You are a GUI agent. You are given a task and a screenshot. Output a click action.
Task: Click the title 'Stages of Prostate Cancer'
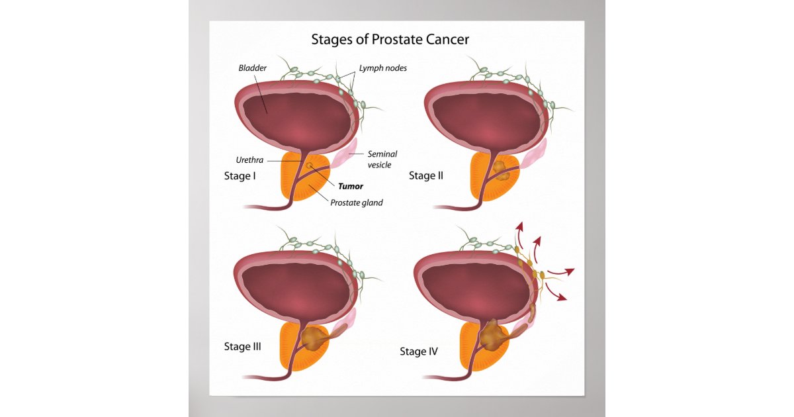(390, 40)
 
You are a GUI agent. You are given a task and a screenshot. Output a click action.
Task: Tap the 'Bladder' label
(253, 68)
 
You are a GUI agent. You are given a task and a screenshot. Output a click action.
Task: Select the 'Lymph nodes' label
(382, 68)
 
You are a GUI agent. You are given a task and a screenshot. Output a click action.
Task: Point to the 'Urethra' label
(249, 160)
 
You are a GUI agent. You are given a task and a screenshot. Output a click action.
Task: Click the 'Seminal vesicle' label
(382, 159)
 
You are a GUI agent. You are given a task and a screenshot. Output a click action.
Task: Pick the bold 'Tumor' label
(350, 186)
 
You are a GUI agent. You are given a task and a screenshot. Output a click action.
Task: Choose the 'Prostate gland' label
(356, 203)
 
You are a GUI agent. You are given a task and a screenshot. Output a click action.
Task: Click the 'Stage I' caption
(240, 176)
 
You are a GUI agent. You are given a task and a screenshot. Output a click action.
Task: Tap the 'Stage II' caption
(425, 176)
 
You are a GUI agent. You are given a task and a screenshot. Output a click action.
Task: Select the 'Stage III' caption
(243, 346)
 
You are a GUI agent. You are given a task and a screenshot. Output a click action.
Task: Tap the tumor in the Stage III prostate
(312, 339)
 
